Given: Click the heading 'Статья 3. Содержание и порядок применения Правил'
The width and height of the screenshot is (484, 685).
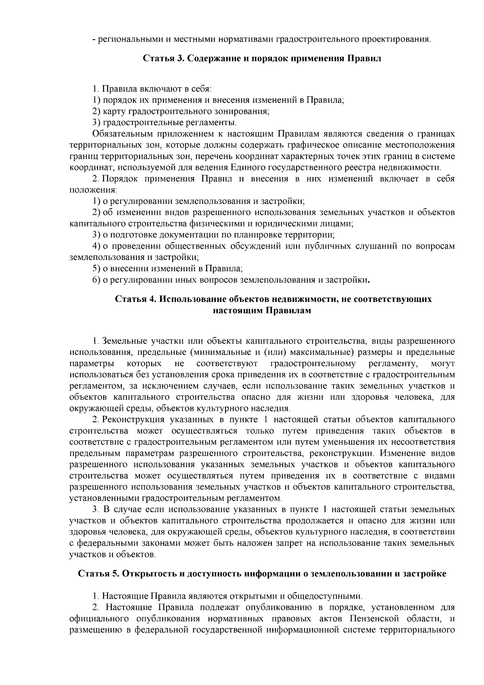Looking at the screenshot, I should (262, 58).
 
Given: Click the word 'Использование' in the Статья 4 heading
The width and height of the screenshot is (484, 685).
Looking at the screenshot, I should (193, 299).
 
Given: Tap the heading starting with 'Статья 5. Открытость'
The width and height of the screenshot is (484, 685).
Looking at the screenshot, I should (262, 574).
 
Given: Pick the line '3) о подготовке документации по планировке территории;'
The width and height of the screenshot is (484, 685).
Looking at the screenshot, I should (214, 235).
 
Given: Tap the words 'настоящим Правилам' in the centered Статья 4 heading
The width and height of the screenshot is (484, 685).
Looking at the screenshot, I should (262, 310).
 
